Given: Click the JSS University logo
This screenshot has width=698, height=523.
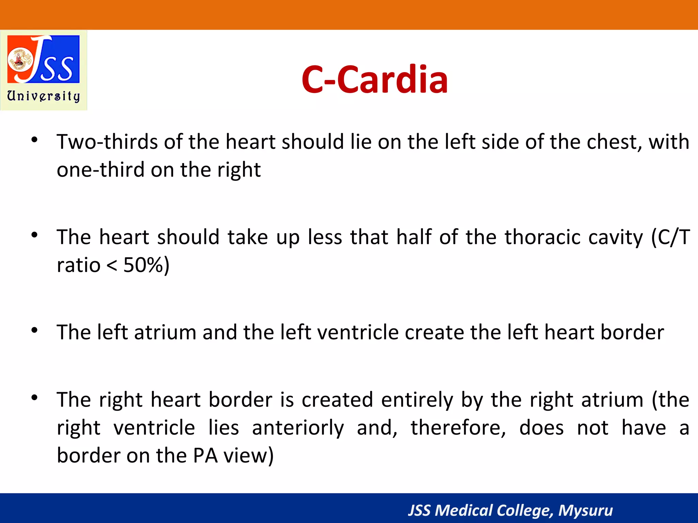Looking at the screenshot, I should tap(44, 60).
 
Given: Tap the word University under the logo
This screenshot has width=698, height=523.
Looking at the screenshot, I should tap(44, 96).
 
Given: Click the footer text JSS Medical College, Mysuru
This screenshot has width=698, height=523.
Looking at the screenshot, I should tap(510, 510).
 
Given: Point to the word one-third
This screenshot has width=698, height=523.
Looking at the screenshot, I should tap(101, 170).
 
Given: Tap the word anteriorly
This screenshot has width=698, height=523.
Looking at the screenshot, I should tap(298, 428).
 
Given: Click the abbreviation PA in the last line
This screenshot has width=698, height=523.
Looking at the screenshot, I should tap(205, 456).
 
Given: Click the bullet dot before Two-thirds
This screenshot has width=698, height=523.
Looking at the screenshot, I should tap(34, 140).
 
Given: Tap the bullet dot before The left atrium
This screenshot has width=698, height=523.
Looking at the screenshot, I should tap(34, 330).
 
